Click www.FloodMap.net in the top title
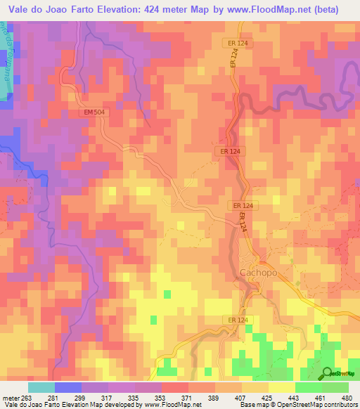point(269,10)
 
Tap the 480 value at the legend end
point(347,397)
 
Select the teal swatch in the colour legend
point(41,387)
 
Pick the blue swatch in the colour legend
point(67,387)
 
